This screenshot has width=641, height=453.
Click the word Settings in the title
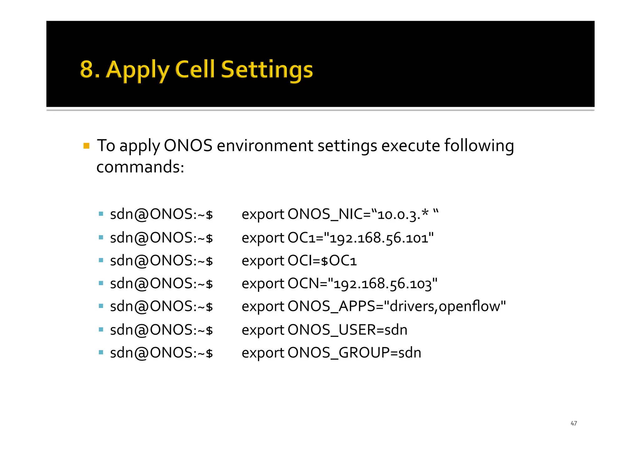click(x=267, y=69)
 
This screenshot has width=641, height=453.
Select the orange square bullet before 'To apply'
click(x=87, y=146)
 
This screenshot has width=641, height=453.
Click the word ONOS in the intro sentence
click(x=188, y=146)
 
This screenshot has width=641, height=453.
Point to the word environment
click(x=265, y=146)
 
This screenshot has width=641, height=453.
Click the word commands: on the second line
click(x=140, y=167)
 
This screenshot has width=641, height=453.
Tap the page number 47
click(x=573, y=423)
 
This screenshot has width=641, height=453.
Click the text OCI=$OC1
click(x=322, y=261)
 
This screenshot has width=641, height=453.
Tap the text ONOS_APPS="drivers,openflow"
click(x=396, y=306)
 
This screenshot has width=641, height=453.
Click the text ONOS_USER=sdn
click(x=347, y=330)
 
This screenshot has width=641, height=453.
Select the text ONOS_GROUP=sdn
click(x=354, y=353)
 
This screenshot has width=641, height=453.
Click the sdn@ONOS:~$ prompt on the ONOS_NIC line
click(x=161, y=215)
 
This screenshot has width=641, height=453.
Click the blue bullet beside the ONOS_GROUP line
click(x=101, y=353)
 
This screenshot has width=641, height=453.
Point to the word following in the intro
click(x=479, y=146)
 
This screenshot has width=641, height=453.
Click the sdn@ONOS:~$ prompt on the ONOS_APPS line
click(x=161, y=306)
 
